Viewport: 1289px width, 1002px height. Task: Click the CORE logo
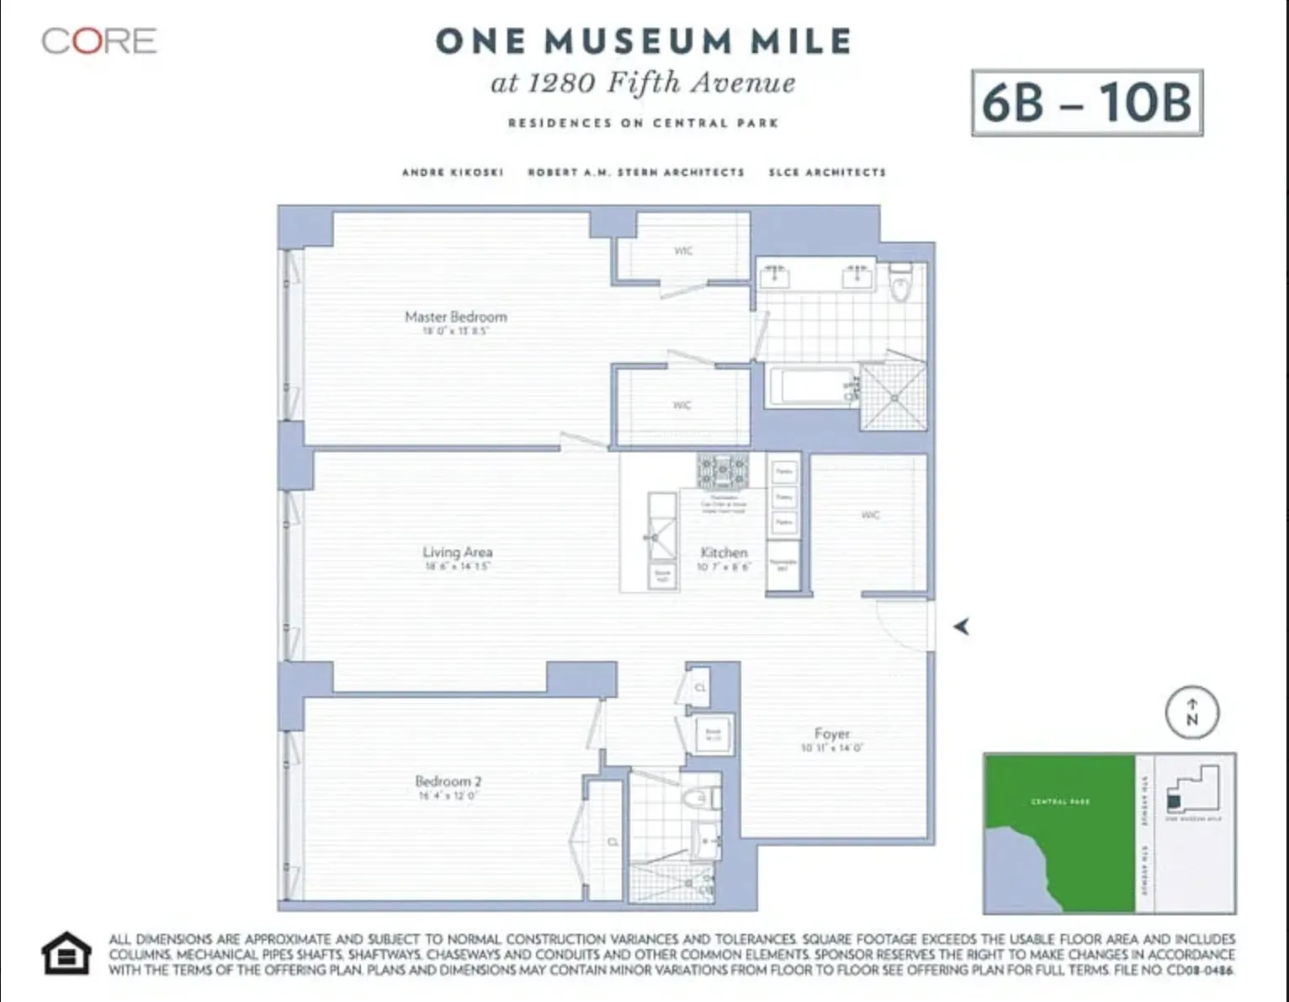click(x=99, y=41)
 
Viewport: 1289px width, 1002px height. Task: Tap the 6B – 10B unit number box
click(x=1086, y=103)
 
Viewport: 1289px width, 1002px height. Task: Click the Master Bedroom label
click(x=456, y=317)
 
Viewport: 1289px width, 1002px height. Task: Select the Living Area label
click(x=458, y=552)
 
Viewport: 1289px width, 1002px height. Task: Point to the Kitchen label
click(x=724, y=553)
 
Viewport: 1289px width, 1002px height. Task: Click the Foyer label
click(x=831, y=733)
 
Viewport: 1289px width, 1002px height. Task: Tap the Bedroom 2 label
click(x=448, y=781)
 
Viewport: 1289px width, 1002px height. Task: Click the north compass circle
click(x=1191, y=713)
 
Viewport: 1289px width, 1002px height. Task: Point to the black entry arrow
click(x=961, y=626)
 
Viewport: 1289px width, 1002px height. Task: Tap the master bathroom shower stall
click(x=894, y=396)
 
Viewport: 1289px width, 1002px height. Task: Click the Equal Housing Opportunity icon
click(x=66, y=954)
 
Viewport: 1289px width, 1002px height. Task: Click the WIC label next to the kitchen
click(x=870, y=514)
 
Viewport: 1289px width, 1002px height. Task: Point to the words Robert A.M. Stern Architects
click(x=635, y=173)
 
